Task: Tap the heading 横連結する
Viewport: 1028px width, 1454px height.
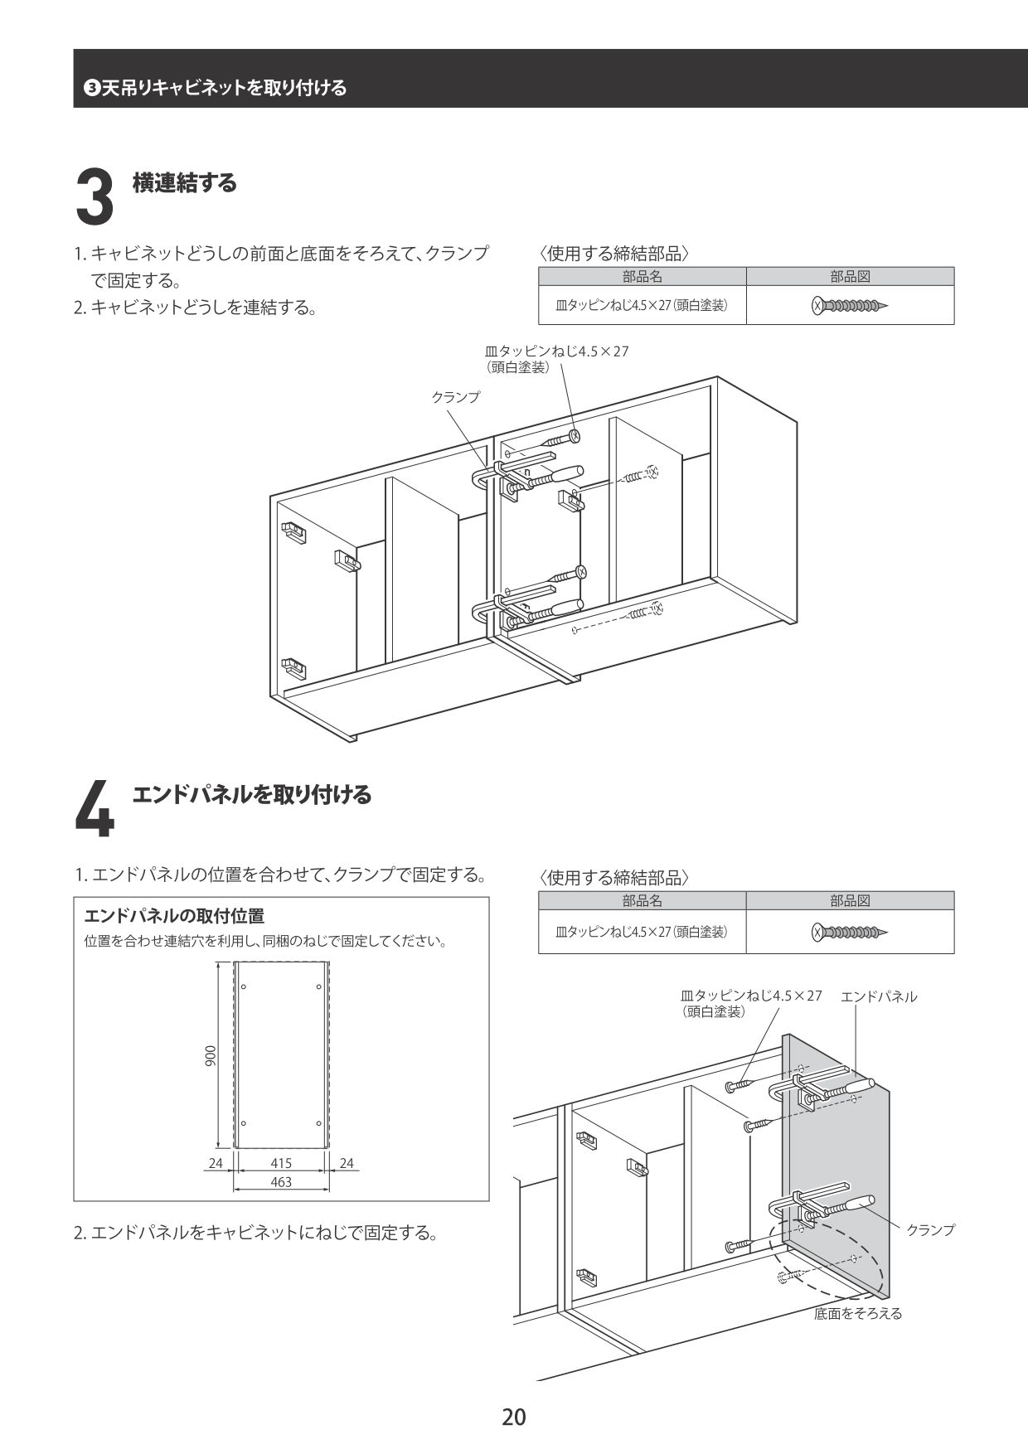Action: click(185, 183)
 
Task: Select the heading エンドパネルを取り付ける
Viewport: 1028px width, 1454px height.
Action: click(252, 795)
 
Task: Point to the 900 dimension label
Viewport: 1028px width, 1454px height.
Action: click(211, 1054)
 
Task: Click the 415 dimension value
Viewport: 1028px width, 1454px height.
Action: click(281, 1163)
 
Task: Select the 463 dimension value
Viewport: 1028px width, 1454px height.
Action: click(281, 1182)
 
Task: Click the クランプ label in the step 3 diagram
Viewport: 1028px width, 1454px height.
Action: click(455, 397)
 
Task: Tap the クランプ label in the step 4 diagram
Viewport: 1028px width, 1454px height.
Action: click(930, 1229)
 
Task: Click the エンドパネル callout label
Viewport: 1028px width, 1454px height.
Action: click(879, 996)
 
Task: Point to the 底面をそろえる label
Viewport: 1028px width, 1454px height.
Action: click(857, 1313)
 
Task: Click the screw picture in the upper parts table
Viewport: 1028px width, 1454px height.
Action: click(850, 306)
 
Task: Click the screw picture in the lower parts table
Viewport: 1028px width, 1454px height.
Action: click(850, 932)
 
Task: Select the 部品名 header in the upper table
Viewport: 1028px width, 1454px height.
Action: click(642, 277)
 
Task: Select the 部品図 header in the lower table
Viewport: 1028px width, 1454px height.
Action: click(850, 901)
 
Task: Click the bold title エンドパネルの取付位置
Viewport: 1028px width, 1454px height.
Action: click(174, 916)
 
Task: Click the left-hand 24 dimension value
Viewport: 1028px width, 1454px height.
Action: click(216, 1163)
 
